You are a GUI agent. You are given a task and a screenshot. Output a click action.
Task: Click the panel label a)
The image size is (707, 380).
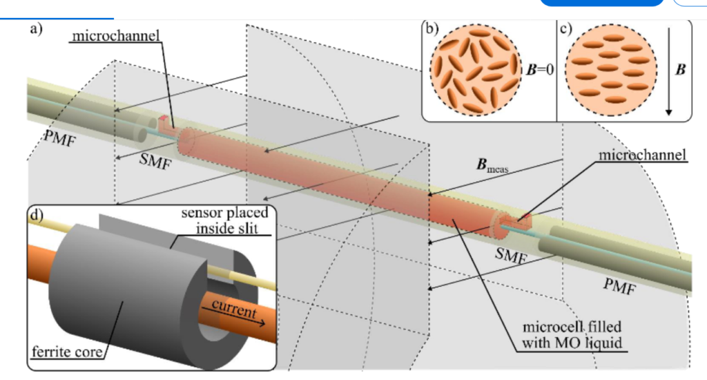(36, 30)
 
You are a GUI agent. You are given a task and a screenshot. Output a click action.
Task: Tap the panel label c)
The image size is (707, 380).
(565, 28)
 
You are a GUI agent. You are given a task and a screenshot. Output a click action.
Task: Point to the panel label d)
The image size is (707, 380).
(36, 213)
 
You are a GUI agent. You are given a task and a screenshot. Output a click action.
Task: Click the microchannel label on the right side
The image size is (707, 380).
(642, 155)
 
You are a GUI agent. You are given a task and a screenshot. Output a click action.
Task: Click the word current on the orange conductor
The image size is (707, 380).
(231, 305)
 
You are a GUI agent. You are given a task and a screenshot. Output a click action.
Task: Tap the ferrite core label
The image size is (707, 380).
(65, 354)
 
